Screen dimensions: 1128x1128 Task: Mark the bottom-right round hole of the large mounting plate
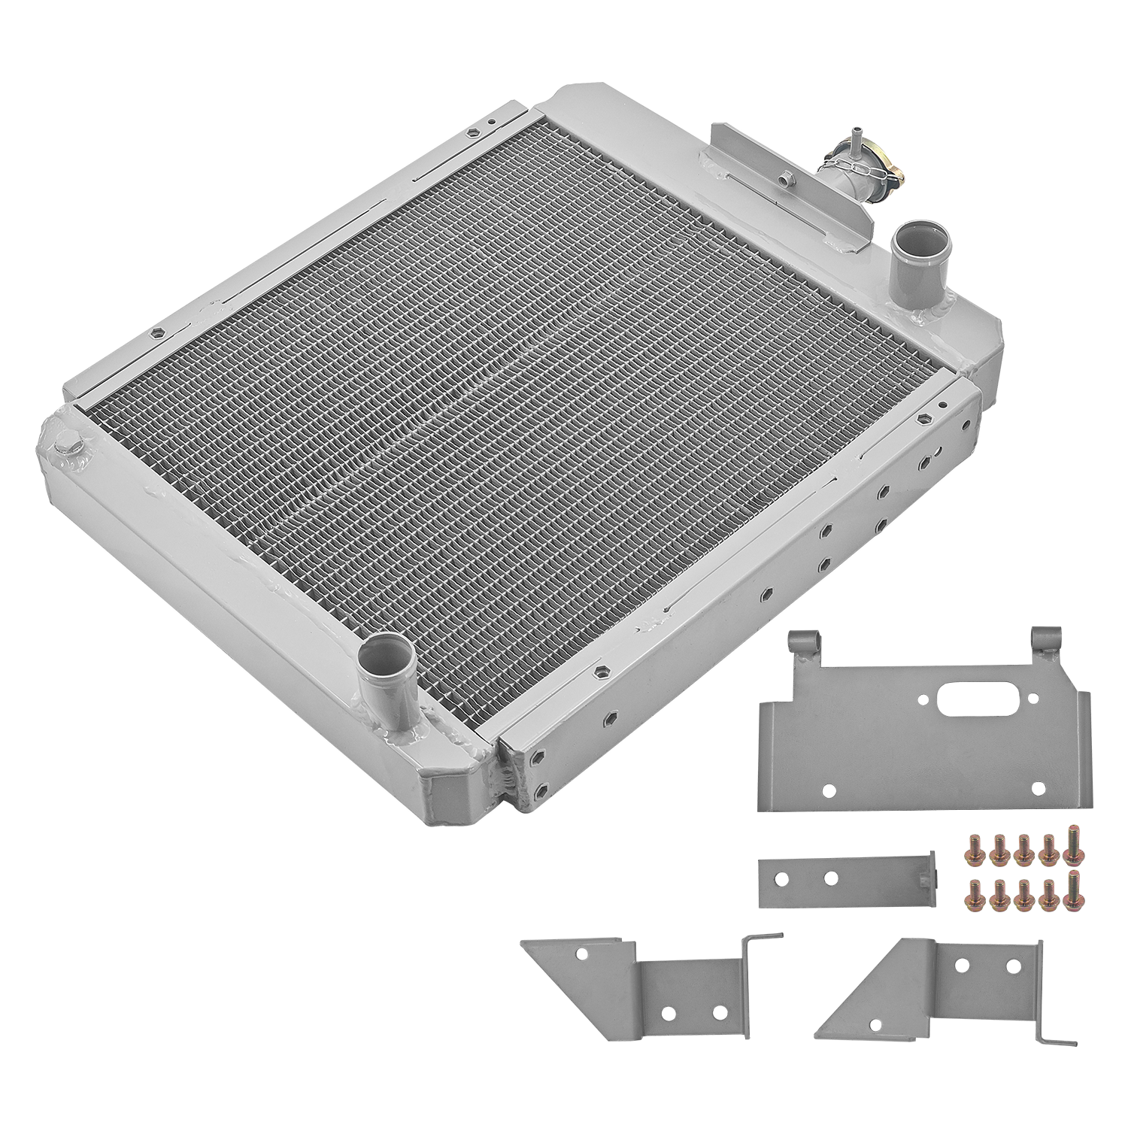(x=1039, y=788)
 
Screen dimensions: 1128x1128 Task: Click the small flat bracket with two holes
(x=846, y=880)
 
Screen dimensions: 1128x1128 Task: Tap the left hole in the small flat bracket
(x=793, y=878)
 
